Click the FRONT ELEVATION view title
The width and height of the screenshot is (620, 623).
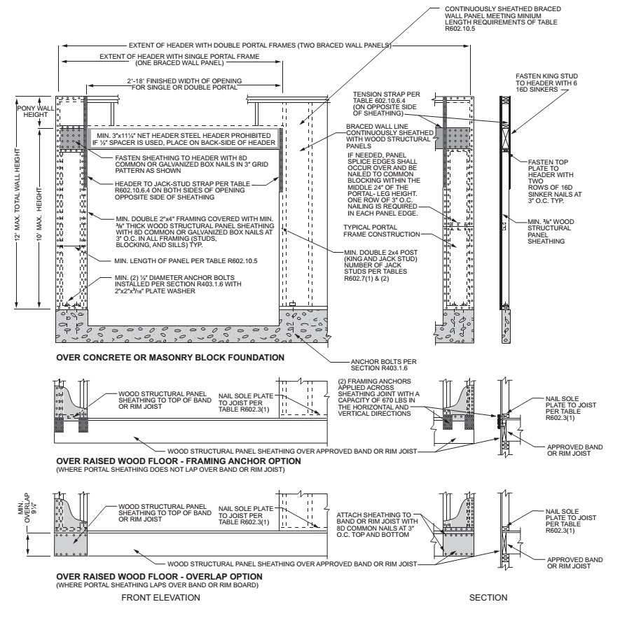click(161, 598)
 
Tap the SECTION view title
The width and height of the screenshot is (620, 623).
click(484, 598)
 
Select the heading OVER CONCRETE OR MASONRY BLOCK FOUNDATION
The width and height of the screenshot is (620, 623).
click(171, 357)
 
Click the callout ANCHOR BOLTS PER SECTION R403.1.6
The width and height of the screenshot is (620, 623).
click(357, 367)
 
